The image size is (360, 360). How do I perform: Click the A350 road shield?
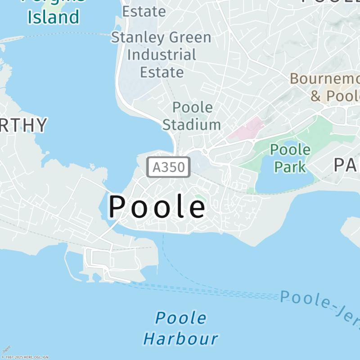(x=169, y=167)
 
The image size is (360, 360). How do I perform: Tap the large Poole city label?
(x=157, y=207)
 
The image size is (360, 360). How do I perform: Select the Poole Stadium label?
(x=192, y=116)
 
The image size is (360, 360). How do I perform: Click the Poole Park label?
(x=290, y=158)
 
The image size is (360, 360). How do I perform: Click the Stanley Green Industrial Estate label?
(x=161, y=54)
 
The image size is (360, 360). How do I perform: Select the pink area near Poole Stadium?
(x=246, y=128)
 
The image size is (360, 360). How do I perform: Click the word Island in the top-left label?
(x=53, y=17)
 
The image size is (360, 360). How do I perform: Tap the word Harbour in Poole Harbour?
(x=181, y=338)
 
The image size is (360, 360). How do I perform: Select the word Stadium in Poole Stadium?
(x=192, y=124)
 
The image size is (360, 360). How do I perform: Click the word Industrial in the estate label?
(x=162, y=55)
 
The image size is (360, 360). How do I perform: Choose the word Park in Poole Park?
(x=290, y=166)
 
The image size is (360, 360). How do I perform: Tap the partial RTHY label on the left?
(x=23, y=125)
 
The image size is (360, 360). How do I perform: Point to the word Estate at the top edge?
(x=144, y=11)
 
